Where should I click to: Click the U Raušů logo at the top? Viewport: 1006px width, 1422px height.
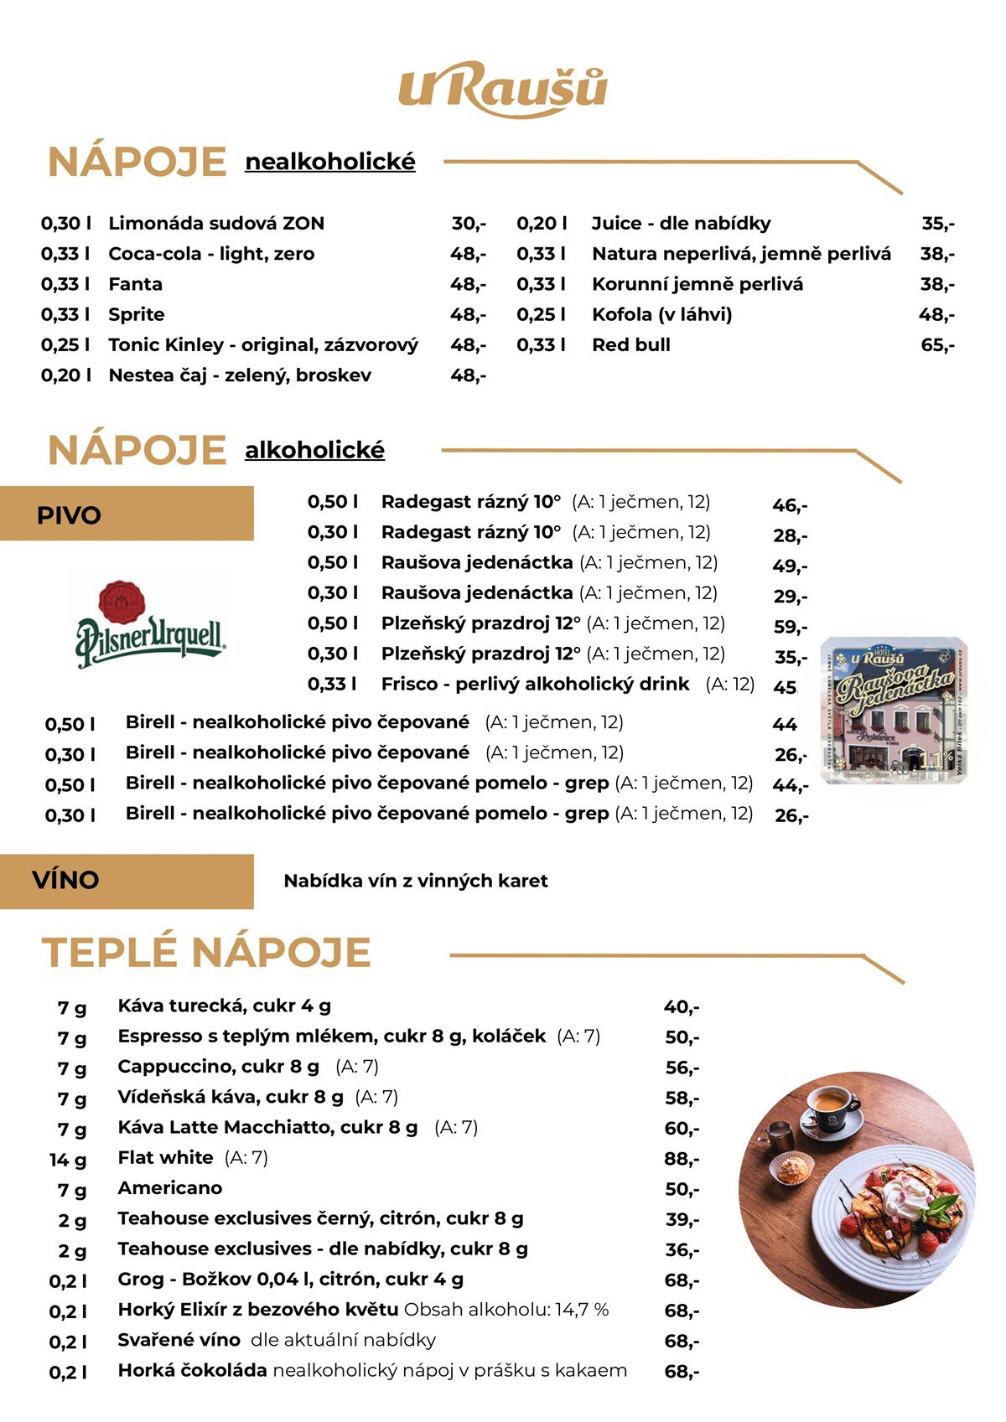point(502,89)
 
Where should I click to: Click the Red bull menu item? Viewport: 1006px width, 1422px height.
point(630,345)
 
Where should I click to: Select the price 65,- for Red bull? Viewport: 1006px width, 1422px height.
point(936,345)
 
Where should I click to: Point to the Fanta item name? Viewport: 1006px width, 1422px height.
point(135,285)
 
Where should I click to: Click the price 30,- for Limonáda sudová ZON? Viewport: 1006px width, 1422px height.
point(468,224)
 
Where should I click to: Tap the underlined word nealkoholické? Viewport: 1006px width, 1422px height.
point(329,162)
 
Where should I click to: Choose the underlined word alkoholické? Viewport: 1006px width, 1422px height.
point(314,450)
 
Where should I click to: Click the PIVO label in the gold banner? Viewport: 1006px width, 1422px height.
point(69,515)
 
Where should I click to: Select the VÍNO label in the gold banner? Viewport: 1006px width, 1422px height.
point(65,881)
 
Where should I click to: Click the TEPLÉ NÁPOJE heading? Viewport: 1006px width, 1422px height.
point(206,953)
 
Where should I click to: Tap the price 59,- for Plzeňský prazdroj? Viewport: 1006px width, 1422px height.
point(790,627)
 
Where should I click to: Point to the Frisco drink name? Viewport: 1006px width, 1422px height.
point(409,685)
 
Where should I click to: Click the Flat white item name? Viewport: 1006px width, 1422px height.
point(165,1158)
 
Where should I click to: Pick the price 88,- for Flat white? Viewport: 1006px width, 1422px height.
point(682,1160)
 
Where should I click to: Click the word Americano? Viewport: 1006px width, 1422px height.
point(169,1188)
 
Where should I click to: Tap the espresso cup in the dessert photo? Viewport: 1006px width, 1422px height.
point(830,1106)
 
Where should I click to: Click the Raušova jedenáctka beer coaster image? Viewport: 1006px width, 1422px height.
point(894,711)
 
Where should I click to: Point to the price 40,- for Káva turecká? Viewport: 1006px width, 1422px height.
point(681,1007)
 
